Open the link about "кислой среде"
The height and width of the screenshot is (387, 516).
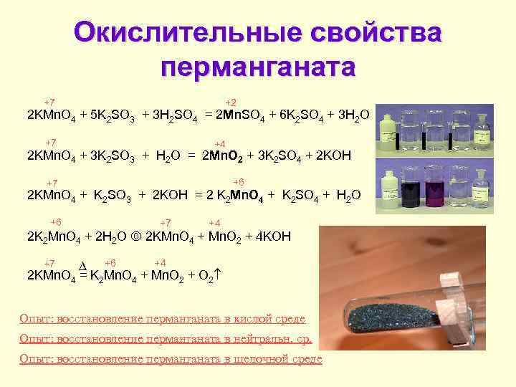(163, 318)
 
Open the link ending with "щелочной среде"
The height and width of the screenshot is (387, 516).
(171, 359)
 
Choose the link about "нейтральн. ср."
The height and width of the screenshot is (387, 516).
(166, 338)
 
